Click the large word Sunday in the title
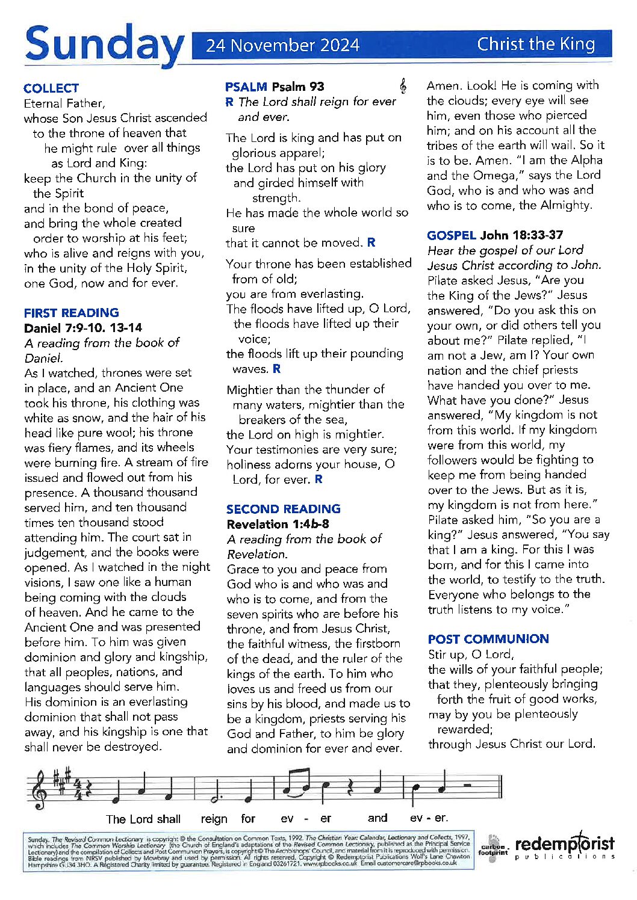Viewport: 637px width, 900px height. pos(104,43)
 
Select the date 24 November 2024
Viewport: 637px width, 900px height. pos(282,46)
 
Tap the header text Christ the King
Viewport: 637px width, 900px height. pos(536,44)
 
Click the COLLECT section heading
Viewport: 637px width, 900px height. pos(51,88)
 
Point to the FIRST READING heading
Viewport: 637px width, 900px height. pos(72,313)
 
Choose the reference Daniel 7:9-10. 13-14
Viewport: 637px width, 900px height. pos(83,328)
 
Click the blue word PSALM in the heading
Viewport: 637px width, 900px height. pos(246,87)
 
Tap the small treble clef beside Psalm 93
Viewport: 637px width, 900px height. pos(403,87)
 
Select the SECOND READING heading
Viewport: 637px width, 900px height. pos(284,509)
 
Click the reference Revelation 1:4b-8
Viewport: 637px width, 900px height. pos(278,524)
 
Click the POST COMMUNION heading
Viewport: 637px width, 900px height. pos(488,639)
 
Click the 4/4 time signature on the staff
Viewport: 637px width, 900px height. pos(76,788)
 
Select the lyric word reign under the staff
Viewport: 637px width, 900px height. pos(214,819)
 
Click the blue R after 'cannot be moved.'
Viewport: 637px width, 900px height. pos(371,242)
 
